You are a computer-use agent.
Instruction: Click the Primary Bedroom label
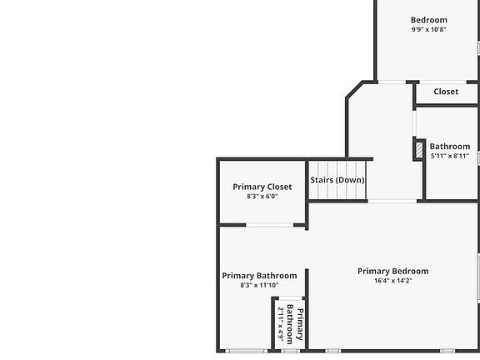coord(393,271)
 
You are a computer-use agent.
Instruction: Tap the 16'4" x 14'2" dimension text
coord(393,280)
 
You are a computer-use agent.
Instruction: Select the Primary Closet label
coord(262,187)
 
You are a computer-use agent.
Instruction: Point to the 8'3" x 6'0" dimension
coord(262,196)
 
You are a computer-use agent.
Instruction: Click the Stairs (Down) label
coord(337,180)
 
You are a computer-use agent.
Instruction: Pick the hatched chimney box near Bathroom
coord(419,150)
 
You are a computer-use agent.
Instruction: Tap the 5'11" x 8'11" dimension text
coord(450,156)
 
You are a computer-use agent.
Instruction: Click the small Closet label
coord(446,92)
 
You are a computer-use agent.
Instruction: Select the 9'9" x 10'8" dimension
coord(429,29)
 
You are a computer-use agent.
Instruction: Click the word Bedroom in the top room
coord(429,20)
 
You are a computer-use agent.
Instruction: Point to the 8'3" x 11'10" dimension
coord(259,285)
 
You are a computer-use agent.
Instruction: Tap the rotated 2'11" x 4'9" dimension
coord(281,324)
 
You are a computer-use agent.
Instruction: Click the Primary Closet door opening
coord(270,225)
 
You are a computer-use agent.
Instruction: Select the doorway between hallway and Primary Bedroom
coord(392,201)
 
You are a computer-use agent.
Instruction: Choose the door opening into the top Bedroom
coord(392,82)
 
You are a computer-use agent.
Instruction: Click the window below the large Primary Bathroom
coord(247,351)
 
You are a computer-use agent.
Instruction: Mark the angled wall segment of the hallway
coord(354,90)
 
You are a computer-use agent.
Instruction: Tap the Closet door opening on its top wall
coord(443,82)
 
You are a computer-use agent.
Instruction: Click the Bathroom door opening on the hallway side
coord(414,123)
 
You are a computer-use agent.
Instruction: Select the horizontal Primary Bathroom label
coord(259,276)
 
